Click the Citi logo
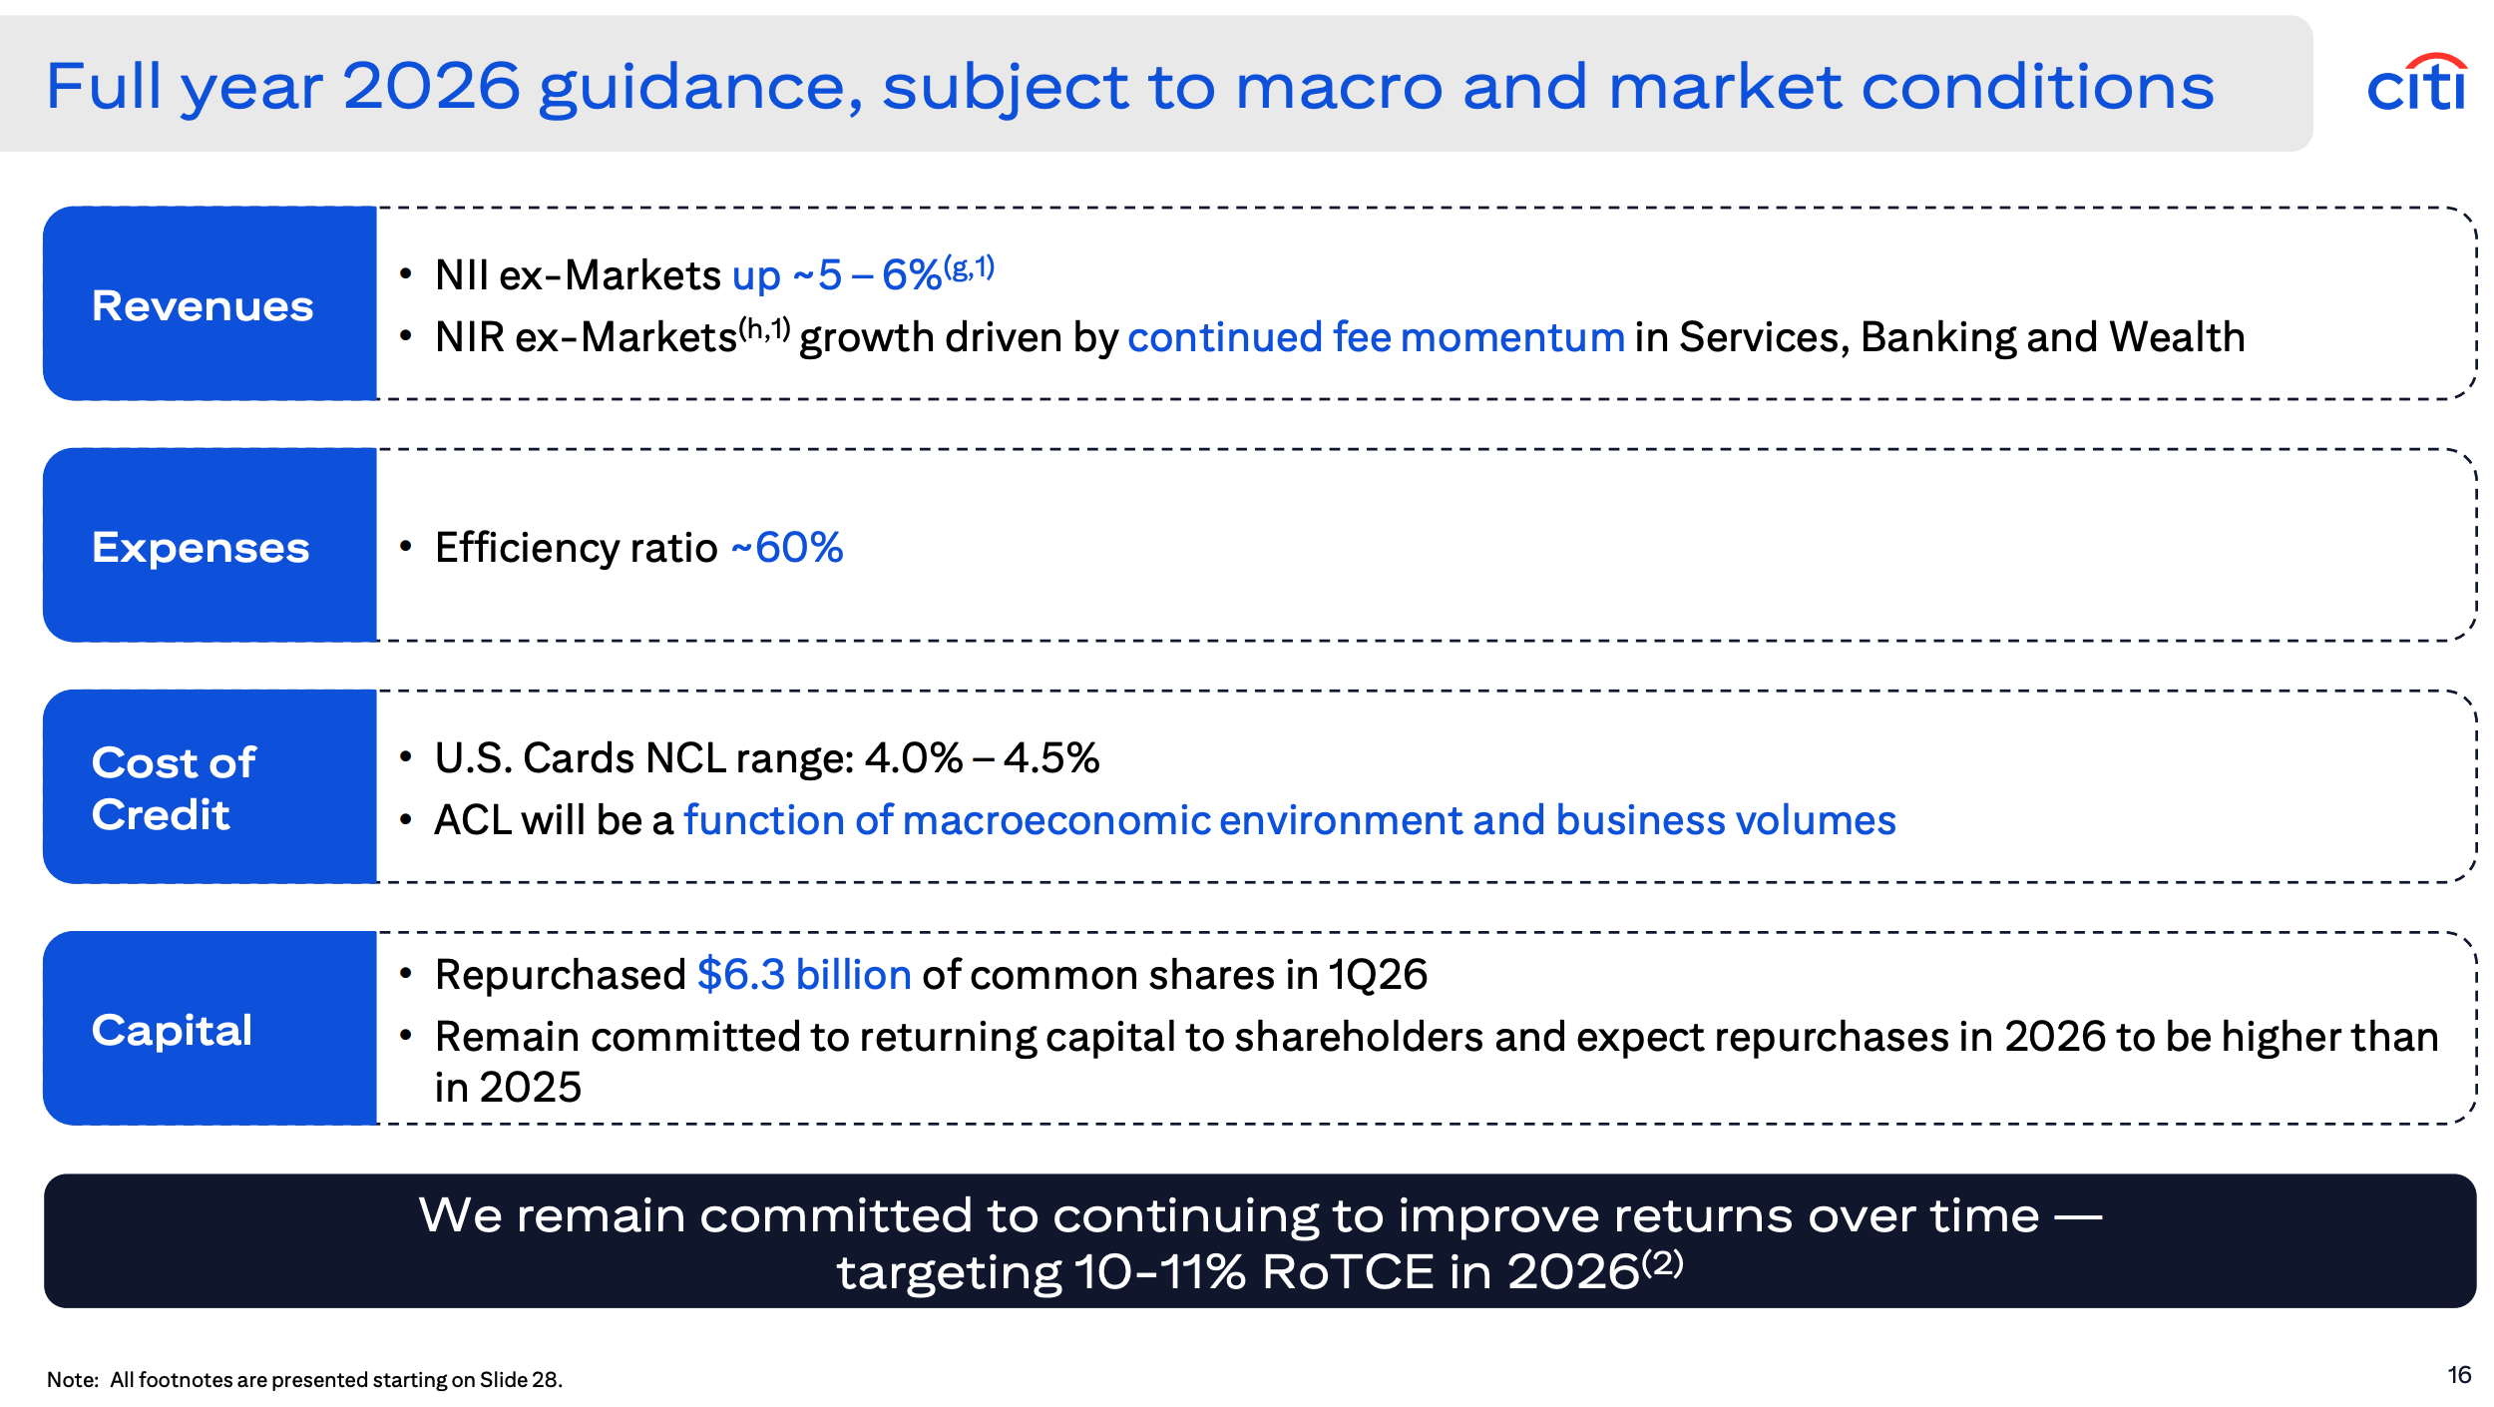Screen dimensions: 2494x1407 2417,83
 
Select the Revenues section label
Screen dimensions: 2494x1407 203,305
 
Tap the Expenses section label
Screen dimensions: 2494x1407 201,548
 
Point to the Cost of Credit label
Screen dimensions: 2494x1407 174,788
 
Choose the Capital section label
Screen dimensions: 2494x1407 172,1030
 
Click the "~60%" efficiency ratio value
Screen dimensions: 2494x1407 787,547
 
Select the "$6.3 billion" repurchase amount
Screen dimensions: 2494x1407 804,974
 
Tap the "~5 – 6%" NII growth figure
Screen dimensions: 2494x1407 867,274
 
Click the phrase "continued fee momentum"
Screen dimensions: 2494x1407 1376,337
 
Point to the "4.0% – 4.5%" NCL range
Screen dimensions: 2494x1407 982,757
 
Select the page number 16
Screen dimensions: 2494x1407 2459,1375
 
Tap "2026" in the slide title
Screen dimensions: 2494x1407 431,86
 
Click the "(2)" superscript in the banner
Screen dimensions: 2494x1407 1662,1263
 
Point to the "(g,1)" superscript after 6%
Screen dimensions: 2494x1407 969,267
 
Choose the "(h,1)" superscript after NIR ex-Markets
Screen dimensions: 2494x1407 764,329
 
